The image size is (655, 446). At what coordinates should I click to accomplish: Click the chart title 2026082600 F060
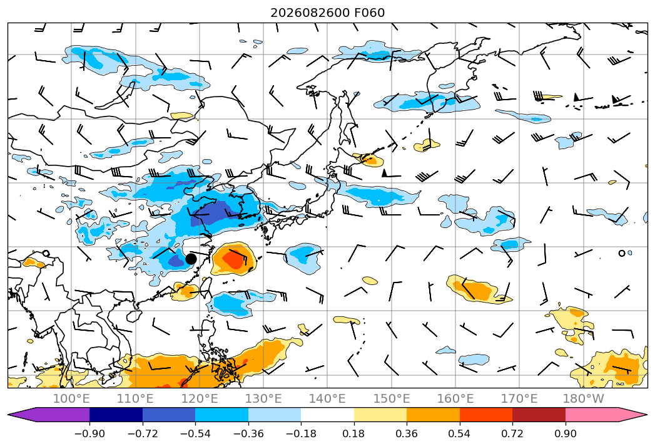click(x=328, y=13)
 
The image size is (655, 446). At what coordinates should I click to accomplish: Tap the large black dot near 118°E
click(x=191, y=259)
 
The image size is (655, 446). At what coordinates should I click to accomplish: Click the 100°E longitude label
click(x=71, y=398)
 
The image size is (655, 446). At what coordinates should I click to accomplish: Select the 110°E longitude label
click(x=135, y=398)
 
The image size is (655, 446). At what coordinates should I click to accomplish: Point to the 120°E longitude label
click(x=200, y=398)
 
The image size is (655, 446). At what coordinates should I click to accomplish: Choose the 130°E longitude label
click(x=263, y=398)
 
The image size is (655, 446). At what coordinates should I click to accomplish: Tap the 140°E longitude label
click(x=327, y=398)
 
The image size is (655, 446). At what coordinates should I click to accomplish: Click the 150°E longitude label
click(x=392, y=398)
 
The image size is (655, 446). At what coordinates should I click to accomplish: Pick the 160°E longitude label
click(x=455, y=398)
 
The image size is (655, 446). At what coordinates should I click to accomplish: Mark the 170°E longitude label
click(x=519, y=398)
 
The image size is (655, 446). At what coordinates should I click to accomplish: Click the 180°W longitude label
click(x=583, y=398)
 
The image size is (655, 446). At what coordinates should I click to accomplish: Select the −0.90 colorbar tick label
click(x=89, y=433)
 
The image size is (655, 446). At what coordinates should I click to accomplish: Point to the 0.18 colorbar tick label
click(x=354, y=433)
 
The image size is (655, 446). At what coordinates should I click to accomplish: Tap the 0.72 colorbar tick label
click(x=512, y=433)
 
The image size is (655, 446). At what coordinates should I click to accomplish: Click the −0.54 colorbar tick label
click(x=195, y=433)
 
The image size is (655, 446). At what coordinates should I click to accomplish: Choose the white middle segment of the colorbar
click(x=328, y=415)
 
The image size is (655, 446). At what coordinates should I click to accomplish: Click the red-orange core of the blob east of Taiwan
click(x=233, y=259)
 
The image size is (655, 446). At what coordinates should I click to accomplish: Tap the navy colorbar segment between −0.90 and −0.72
click(x=116, y=415)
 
